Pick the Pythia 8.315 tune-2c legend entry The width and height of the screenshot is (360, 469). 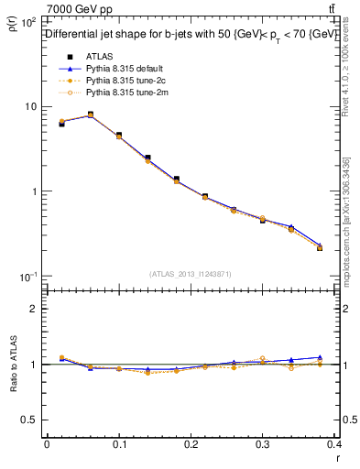[x=124, y=81]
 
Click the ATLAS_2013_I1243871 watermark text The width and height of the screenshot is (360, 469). [x=191, y=274]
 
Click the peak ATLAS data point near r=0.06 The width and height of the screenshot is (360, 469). [x=90, y=115]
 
